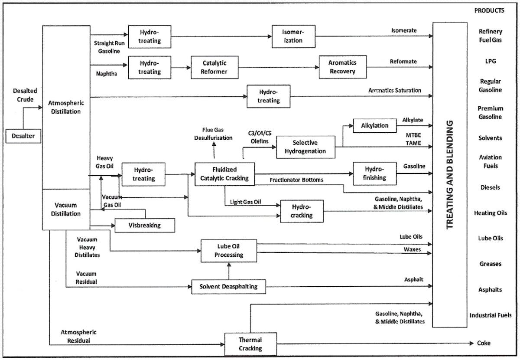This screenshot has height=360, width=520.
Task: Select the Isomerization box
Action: [293, 36]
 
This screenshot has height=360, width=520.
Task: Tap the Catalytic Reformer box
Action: [214, 67]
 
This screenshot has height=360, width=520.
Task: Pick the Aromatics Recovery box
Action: [342, 67]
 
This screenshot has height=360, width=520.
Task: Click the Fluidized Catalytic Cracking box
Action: [224, 174]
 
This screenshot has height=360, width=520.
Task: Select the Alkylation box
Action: [375, 126]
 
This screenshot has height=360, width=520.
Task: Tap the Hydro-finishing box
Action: [374, 173]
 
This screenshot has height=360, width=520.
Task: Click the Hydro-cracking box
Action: [302, 211]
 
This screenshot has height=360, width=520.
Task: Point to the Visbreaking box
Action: [145, 226]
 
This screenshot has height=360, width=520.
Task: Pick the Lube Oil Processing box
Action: [229, 251]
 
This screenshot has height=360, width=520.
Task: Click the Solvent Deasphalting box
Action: [228, 287]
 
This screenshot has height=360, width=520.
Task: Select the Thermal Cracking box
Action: [250, 344]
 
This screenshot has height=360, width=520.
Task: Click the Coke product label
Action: [484, 343]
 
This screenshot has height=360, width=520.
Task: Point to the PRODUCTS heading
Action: [489, 10]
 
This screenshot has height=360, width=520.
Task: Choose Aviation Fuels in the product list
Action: [491, 161]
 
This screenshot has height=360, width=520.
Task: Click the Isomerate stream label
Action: [404, 31]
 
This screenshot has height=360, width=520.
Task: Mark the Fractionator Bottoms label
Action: [296, 180]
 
